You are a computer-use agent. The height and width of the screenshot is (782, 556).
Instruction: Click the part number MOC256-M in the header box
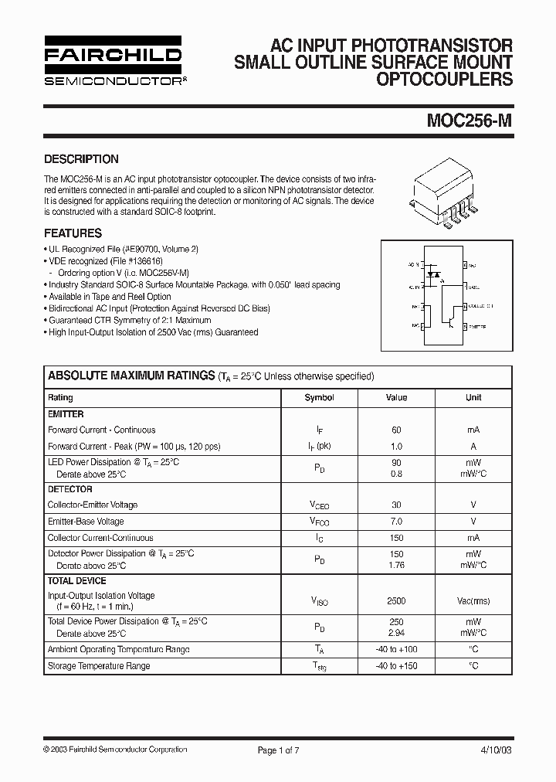point(468,121)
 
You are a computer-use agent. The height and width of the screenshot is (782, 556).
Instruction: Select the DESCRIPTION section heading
point(81,159)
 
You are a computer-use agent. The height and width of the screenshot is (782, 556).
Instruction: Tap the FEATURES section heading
point(73,233)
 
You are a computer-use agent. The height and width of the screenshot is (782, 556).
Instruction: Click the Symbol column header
point(319,397)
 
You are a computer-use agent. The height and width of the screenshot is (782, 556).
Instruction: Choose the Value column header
point(396,397)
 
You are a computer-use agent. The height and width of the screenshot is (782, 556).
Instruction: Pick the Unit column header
point(473,397)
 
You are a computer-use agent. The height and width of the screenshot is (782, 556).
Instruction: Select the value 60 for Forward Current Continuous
point(396,430)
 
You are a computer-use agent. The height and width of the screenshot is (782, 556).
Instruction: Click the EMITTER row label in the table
point(66,414)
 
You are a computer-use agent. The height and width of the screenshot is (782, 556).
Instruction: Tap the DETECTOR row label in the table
point(69,489)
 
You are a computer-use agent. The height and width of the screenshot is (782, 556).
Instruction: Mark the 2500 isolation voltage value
point(396,600)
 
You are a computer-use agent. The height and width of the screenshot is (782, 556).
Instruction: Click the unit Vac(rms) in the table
point(473,600)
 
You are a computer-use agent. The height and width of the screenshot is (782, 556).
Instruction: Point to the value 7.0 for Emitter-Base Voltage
point(396,521)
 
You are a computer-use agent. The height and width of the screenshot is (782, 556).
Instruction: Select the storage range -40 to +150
point(396,665)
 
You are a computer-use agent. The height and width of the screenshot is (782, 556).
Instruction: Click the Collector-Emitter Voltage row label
point(93,505)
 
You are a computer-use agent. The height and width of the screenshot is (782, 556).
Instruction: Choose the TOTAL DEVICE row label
point(77,580)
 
